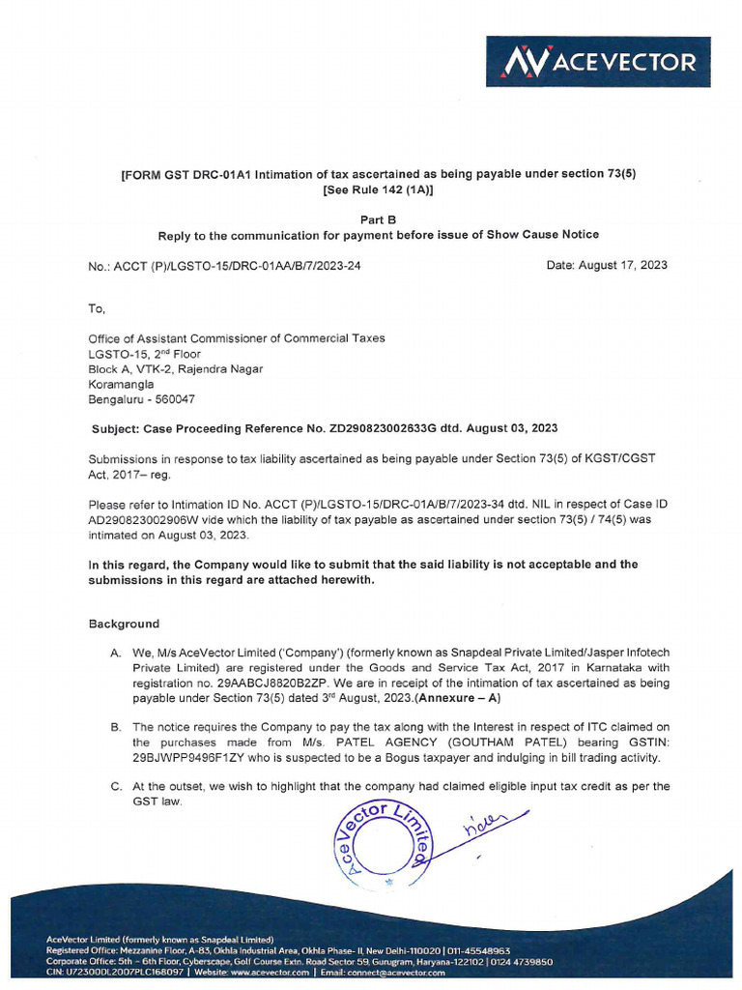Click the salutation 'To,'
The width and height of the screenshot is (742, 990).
tap(97, 308)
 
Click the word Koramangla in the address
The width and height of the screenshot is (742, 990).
tap(121, 383)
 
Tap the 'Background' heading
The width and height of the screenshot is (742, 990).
tap(124, 624)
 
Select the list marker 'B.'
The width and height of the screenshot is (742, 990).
tap(115, 727)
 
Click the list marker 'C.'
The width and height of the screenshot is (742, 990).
tap(115, 787)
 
